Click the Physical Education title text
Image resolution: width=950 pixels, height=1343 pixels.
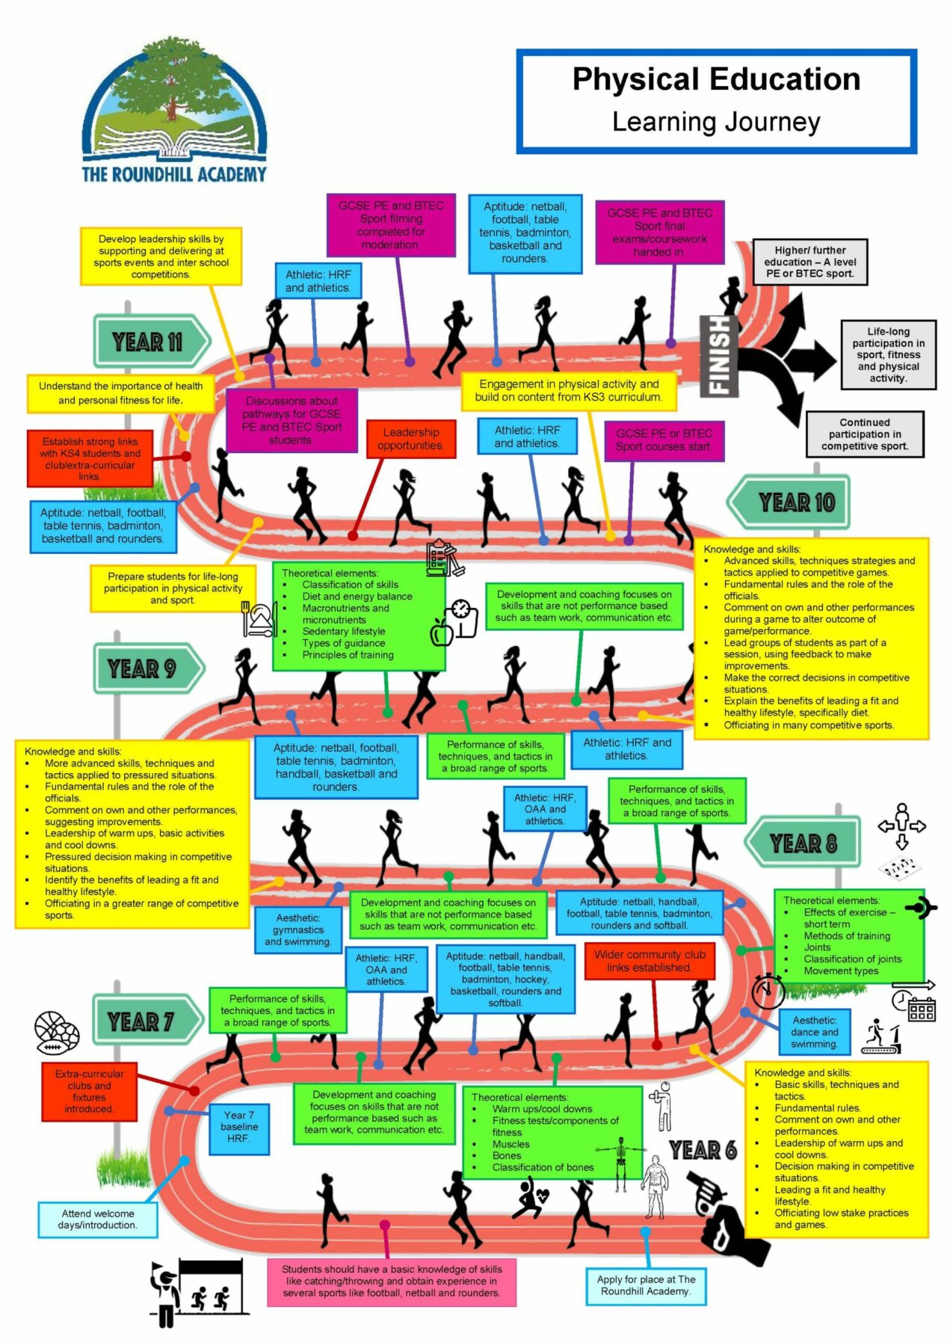[715, 79]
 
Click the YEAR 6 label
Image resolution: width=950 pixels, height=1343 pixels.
[703, 1149]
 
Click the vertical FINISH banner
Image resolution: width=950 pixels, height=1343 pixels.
[718, 355]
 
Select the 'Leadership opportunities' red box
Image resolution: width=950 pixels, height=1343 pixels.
[410, 439]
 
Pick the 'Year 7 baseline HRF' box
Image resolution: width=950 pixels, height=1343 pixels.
[238, 1126]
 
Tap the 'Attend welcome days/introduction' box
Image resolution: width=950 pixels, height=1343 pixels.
[98, 1219]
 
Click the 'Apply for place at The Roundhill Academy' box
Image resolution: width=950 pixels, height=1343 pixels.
[646, 1285]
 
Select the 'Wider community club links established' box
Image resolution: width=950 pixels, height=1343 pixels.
[650, 961]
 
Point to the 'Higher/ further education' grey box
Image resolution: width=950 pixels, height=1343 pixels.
[810, 262]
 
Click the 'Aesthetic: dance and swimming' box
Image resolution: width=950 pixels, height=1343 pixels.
[814, 1031]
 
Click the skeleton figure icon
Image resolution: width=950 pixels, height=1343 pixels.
[620, 1164]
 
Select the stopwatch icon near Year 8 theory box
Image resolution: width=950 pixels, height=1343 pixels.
[767, 991]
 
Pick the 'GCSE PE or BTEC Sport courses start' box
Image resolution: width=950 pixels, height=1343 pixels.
[664, 440]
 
